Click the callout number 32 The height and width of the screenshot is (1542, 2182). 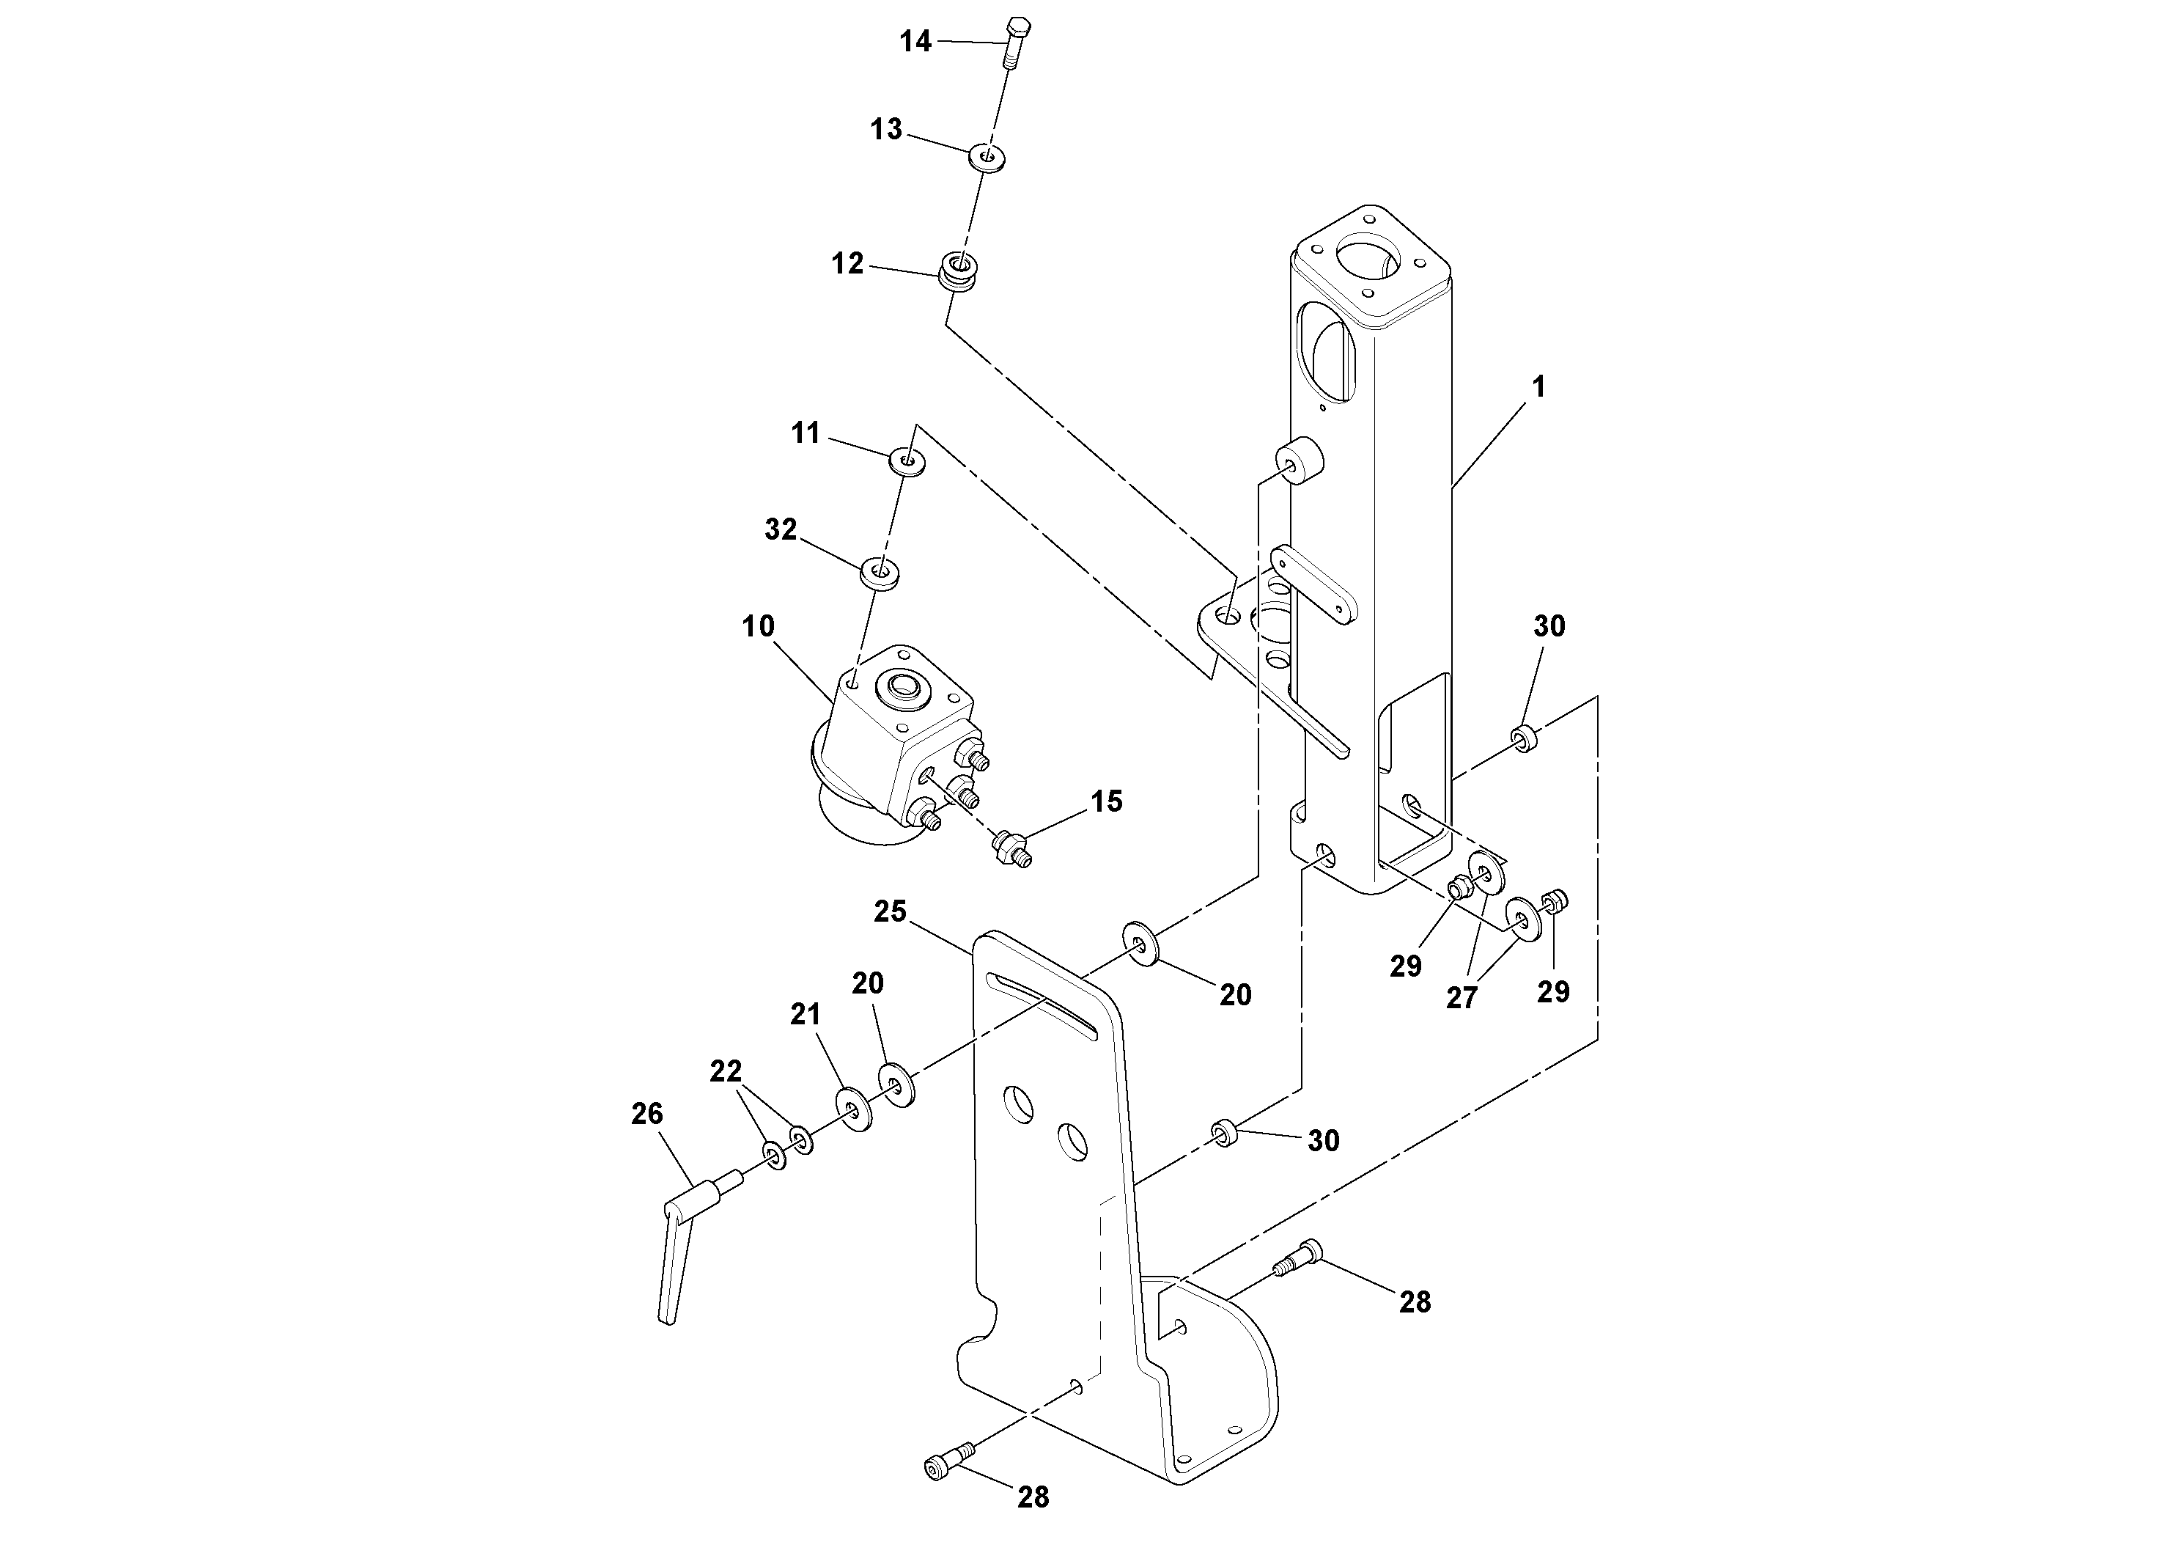pos(781,530)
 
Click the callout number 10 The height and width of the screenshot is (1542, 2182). pos(759,626)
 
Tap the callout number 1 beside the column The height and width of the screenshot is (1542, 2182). pos(1538,387)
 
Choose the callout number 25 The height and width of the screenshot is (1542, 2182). pos(891,911)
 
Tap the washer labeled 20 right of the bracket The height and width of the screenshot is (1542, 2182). pos(1140,943)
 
